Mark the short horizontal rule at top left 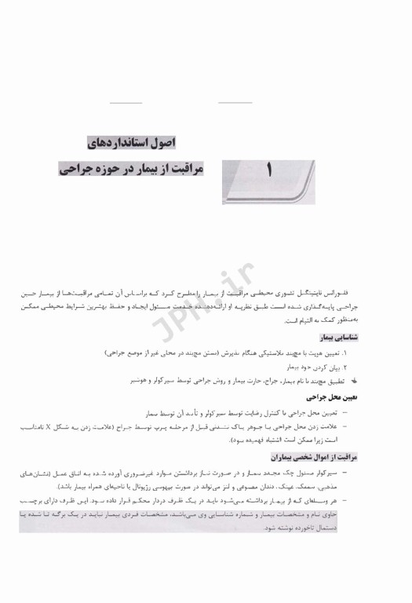[x=126, y=103]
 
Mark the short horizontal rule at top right [x=235, y=103]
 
